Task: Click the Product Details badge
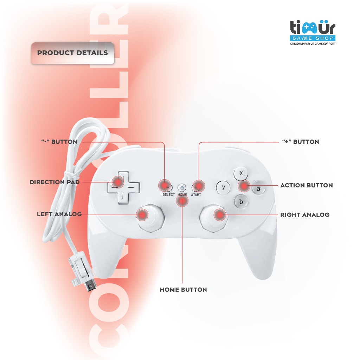pos(72,53)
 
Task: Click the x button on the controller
pos(241,173)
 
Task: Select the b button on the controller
pos(241,202)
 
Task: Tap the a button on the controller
pos(259,189)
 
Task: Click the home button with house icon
pos(182,187)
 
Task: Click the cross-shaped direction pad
pos(122,187)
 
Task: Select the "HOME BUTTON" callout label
pos(183,290)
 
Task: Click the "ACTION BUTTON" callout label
pos(306,185)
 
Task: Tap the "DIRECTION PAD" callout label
pos(54,182)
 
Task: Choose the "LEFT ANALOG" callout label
pos(59,214)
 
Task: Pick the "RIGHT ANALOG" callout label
pos(304,214)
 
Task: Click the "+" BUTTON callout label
pos(301,142)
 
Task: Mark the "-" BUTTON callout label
pos(59,142)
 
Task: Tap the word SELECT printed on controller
pos(168,194)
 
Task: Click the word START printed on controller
pos(196,194)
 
